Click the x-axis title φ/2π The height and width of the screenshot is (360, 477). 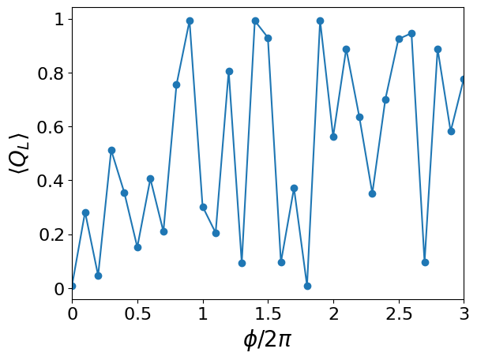(x=268, y=340)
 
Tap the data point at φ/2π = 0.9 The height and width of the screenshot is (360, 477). (x=190, y=21)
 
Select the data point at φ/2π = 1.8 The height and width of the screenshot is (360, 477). (x=307, y=286)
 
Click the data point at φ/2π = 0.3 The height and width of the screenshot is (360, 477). (x=111, y=150)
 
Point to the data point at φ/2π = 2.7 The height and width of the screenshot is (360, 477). (x=425, y=262)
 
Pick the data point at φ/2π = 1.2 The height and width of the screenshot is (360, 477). (x=229, y=71)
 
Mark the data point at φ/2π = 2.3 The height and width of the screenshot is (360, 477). (x=372, y=193)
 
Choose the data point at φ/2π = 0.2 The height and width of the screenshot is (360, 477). (x=98, y=276)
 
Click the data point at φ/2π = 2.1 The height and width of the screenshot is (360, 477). (x=346, y=49)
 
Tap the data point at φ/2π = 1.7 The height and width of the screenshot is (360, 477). (x=294, y=188)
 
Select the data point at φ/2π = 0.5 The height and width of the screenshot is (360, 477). (x=137, y=247)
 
